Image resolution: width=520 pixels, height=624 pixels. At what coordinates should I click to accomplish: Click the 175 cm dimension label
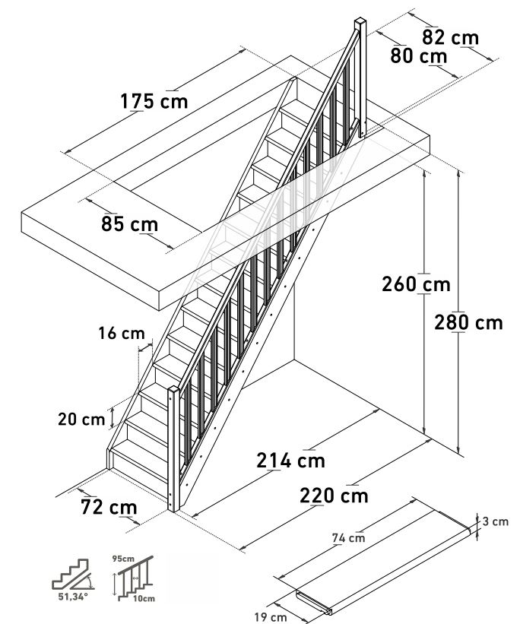point(154,101)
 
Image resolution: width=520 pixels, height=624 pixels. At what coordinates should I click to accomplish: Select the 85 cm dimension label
point(129,224)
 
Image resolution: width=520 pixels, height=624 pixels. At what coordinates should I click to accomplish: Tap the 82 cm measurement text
point(451,37)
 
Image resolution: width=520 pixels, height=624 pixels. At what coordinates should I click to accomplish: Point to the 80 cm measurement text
point(418,55)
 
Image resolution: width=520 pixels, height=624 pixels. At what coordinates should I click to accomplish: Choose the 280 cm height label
point(468,322)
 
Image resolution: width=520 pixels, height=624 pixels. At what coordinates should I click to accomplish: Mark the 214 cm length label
point(290,461)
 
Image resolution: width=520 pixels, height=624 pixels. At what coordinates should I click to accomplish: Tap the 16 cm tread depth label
point(121,333)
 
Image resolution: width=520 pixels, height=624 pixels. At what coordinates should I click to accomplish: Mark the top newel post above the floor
point(360,76)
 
